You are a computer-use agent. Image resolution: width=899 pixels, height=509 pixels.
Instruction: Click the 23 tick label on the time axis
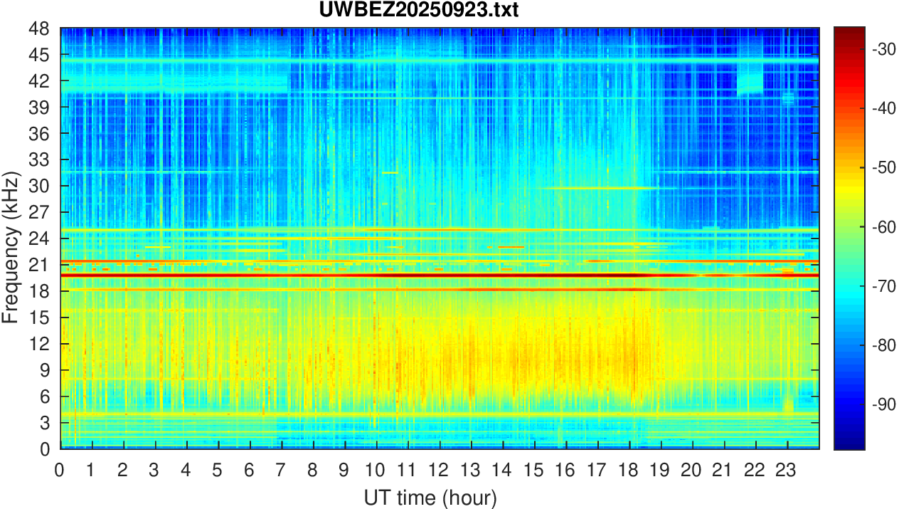pos(787,470)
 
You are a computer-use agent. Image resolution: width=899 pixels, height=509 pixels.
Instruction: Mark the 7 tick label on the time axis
pos(281,470)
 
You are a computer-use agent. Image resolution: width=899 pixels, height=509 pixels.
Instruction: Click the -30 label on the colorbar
pos(882,49)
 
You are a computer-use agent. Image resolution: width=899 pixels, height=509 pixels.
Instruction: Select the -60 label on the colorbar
pos(882,226)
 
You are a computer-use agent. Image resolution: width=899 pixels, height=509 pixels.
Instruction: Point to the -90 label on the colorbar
pos(882,404)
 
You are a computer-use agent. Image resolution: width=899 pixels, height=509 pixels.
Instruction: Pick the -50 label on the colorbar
pos(882,167)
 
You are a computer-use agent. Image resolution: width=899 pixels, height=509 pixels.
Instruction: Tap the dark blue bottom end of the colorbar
pos(849,446)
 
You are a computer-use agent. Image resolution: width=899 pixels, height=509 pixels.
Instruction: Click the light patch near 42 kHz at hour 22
pos(750,81)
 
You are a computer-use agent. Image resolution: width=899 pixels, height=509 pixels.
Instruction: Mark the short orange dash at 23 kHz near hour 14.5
pos(511,247)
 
